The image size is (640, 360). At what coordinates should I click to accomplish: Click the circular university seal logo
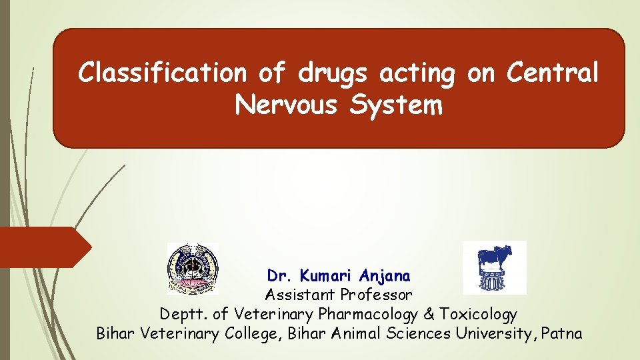[x=192, y=269]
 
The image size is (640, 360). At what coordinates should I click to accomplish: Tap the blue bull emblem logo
[x=494, y=267]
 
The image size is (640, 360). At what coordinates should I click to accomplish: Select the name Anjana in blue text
[x=385, y=275]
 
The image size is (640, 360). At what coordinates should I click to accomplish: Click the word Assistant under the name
[x=301, y=294]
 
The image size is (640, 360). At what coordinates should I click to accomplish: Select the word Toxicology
[x=477, y=313]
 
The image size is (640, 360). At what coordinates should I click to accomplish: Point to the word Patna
[x=562, y=333]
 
